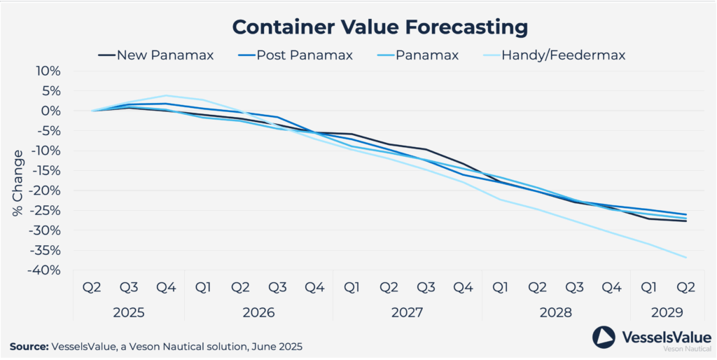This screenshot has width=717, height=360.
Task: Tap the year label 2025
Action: (129, 312)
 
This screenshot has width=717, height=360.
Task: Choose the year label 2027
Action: (408, 312)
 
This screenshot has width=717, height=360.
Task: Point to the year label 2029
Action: (667, 312)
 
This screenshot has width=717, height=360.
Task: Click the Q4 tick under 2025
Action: (166, 288)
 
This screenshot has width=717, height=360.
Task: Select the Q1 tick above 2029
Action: (649, 288)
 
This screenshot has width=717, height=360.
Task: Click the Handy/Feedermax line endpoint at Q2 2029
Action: (686, 258)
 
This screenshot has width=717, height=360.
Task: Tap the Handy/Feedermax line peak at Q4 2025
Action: (166, 95)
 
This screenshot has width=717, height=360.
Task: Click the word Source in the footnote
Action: (29, 346)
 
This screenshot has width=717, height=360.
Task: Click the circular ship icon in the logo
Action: (604, 337)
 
